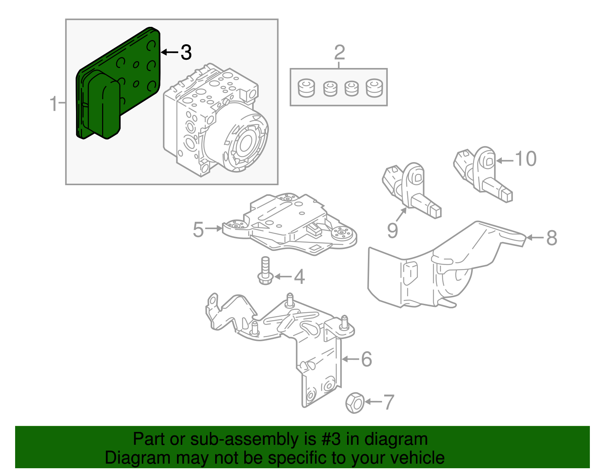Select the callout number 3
pyautogui.click(x=186, y=52)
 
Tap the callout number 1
pyautogui.click(x=54, y=103)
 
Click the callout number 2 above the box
pyautogui.click(x=339, y=53)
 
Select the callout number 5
pyautogui.click(x=198, y=229)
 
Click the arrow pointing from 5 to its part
pyautogui.click(x=214, y=228)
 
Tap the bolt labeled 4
pyautogui.click(x=265, y=271)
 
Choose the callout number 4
pyautogui.click(x=299, y=277)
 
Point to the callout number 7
pyautogui.click(x=389, y=402)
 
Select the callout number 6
pyautogui.click(x=366, y=359)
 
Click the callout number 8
pyautogui.click(x=552, y=238)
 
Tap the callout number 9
pyautogui.click(x=392, y=230)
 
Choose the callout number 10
pyautogui.click(x=526, y=159)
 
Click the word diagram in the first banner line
pyautogui.click(x=396, y=440)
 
